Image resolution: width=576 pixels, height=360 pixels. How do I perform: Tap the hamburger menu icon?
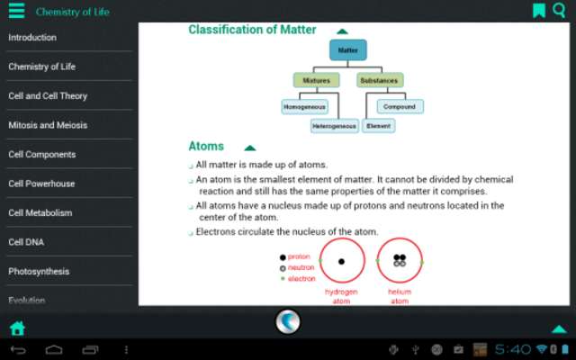[16, 11]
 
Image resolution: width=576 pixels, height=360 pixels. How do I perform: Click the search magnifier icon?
[559, 11]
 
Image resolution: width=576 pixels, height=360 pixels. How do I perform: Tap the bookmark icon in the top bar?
[538, 11]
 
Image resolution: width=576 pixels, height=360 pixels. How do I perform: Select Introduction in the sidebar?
[32, 37]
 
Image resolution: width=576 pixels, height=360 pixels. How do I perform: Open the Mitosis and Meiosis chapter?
[48, 125]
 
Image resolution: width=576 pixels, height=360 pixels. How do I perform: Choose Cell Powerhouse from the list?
[41, 184]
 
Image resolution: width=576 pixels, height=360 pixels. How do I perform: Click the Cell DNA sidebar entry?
[26, 242]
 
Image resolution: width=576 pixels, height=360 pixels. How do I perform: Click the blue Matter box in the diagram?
[347, 50]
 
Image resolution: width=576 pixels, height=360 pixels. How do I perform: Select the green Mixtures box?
[316, 80]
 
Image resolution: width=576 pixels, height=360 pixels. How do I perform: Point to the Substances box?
[379, 80]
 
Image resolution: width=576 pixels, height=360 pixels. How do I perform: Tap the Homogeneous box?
[304, 106]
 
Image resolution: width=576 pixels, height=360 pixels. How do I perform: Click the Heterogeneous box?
[335, 127]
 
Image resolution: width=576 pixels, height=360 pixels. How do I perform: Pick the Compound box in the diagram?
[400, 106]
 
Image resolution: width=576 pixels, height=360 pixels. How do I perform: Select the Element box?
[379, 127]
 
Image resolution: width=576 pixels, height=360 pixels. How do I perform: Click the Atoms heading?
[206, 147]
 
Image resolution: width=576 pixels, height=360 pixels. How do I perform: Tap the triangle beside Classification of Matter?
[342, 31]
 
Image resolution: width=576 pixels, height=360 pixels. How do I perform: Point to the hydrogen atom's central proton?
[342, 262]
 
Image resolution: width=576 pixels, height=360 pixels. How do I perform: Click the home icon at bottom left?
[16, 328]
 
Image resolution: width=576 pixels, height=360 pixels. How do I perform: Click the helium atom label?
[400, 297]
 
